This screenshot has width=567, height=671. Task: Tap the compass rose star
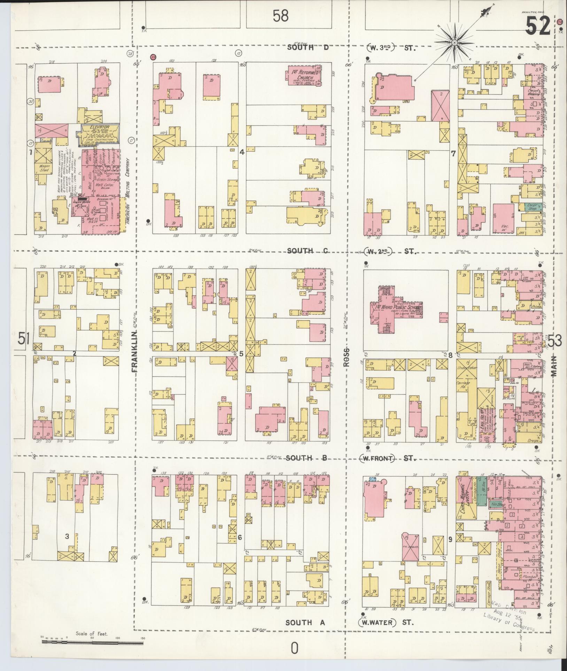pos(455,42)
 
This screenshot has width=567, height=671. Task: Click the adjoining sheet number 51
pos(23,339)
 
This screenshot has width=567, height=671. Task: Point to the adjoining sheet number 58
pos(281,16)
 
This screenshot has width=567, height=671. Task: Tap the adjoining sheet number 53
pos(554,341)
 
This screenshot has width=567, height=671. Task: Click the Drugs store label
pos(533,440)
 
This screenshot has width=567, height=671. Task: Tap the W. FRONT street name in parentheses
pos(378,458)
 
